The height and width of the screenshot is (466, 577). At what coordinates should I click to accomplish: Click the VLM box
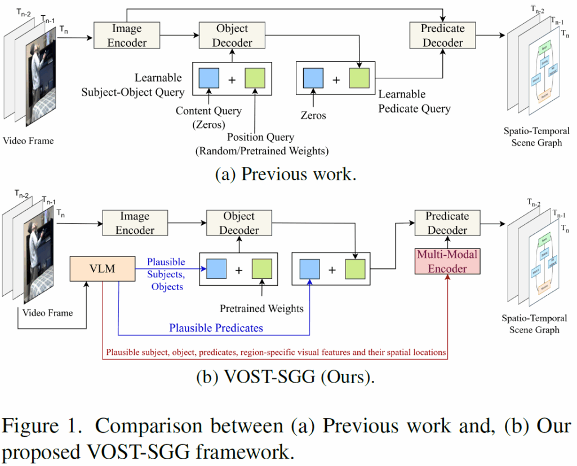point(103,269)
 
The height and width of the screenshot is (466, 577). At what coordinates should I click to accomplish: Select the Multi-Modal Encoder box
point(447,261)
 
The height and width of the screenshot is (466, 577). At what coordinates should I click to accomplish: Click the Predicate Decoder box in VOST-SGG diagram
point(447,223)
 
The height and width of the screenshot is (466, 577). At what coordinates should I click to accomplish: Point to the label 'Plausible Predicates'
point(216,328)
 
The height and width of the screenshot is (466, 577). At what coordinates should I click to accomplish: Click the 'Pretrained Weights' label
point(262,308)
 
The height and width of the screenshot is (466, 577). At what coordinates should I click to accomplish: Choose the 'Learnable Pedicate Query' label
point(415,101)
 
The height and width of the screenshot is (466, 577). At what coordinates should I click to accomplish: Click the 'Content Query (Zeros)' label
point(208,118)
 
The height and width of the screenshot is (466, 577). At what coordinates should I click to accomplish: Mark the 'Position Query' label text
point(260,137)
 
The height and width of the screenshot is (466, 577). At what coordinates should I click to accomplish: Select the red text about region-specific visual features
point(276,353)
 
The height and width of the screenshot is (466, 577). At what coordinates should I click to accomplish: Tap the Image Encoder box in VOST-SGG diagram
point(135,223)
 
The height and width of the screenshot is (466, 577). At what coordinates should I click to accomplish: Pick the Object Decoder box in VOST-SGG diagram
point(239,223)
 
